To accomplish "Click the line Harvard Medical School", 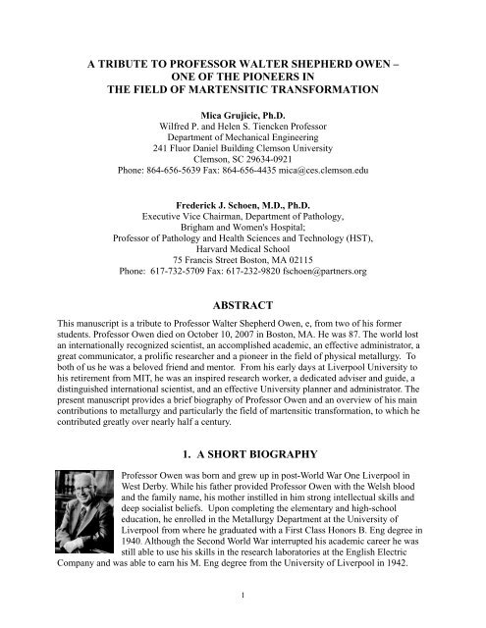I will tap(243, 242).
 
